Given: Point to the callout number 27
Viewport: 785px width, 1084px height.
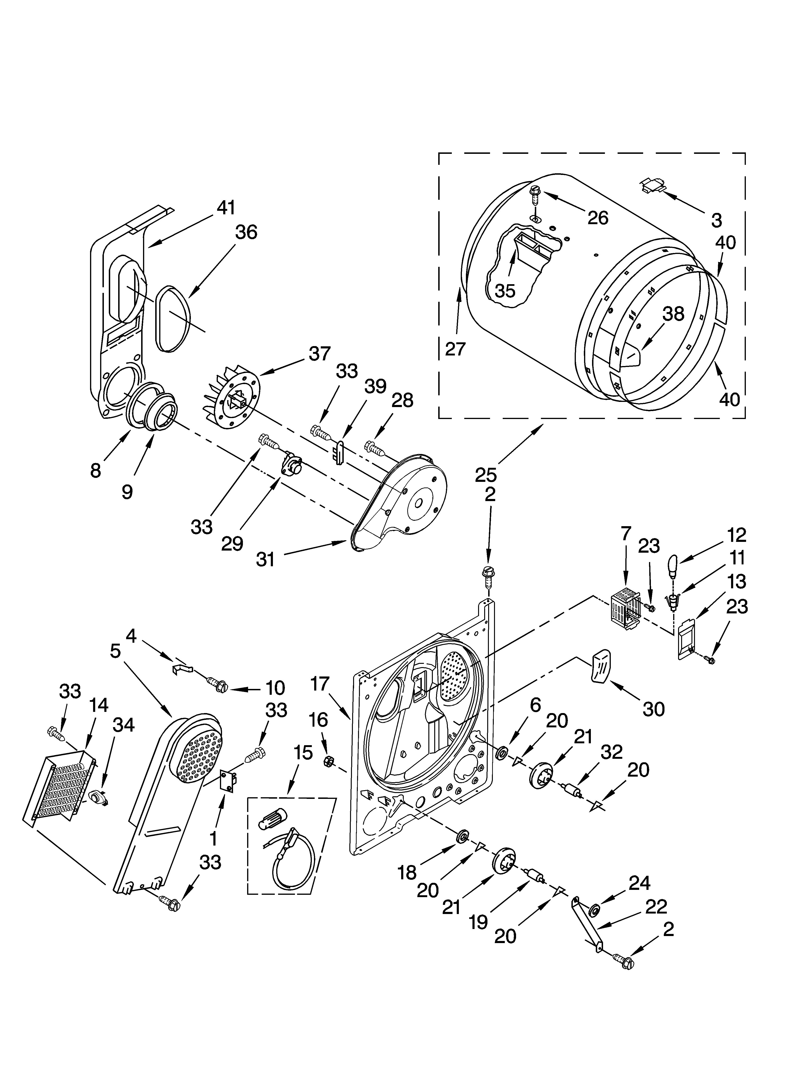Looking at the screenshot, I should point(455,349).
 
